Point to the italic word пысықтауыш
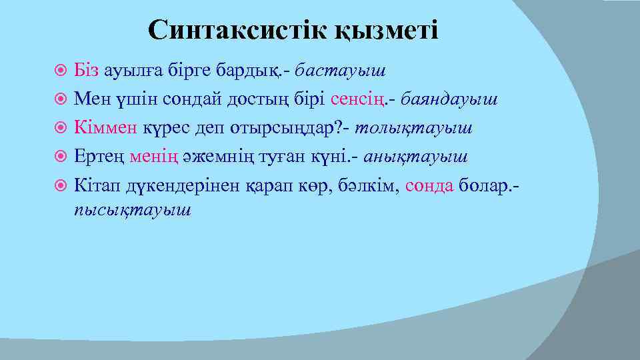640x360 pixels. [133, 209]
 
